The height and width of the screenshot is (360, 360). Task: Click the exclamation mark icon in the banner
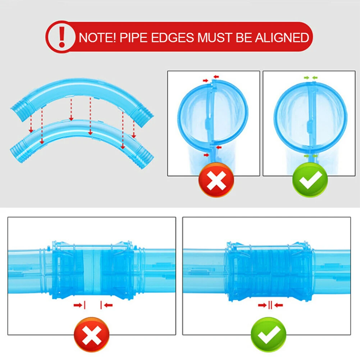click(x=62, y=37)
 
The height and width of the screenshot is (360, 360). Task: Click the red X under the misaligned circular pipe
click(x=216, y=179)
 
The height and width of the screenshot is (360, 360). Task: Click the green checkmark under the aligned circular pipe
click(x=310, y=179)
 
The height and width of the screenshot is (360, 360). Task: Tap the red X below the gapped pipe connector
click(x=91, y=334)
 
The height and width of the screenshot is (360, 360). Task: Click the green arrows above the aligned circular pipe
click(x=310, y=77)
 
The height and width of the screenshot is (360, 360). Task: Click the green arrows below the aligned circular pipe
click(x=310, y=156)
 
